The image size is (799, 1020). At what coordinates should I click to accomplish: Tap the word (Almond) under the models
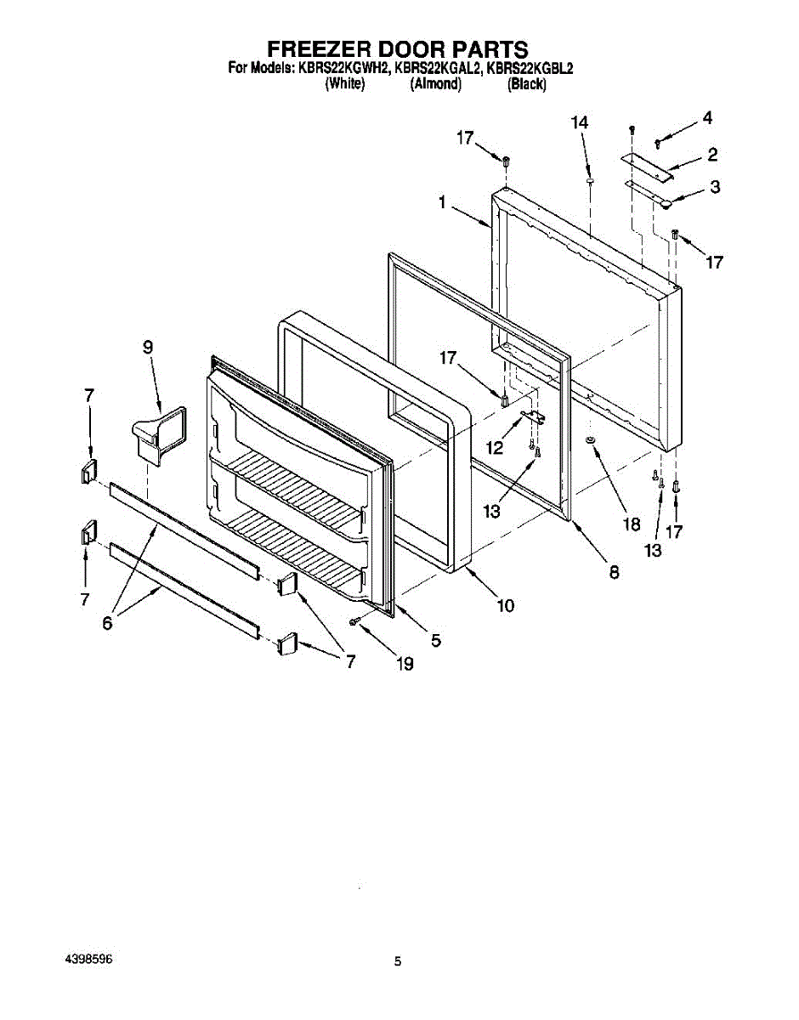[435, 84]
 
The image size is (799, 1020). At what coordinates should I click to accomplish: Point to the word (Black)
[526, 84]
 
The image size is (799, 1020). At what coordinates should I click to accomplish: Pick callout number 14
[580, 123]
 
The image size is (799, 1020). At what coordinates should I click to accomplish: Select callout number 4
[706, 118]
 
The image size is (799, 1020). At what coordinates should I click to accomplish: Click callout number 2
[712, 154]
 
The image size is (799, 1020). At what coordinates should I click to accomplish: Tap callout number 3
[715, 187]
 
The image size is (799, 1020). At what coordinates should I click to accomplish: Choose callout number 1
[443, 202]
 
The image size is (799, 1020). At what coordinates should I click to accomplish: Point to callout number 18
[632, 524]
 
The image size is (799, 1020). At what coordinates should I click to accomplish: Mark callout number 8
[614, 572]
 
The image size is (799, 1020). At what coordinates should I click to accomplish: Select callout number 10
[506, 605]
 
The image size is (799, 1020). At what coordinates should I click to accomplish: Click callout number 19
[405, 663]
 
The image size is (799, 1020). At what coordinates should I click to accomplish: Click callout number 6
[107, 622]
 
